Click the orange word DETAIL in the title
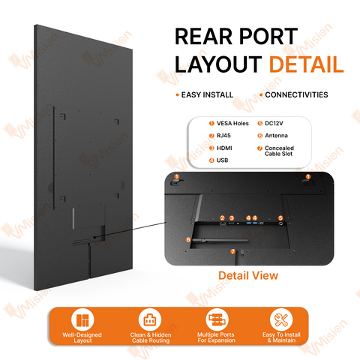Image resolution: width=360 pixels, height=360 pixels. coord(306,64)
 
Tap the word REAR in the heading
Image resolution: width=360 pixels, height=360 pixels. coord(204,37)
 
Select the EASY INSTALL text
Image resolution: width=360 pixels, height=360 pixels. coord(207,95)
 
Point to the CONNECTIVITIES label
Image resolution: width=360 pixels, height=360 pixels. coord(296,94)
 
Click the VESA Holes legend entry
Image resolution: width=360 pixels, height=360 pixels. coord(232,123)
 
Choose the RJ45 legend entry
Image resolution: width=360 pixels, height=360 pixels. coord(223,136)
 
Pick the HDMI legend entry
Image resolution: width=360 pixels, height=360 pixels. coord(224,148)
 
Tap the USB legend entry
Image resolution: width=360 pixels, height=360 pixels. coord(222,160)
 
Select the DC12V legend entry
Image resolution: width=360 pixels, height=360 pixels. coord(274,123)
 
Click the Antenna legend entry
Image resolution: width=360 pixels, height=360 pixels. coord(276,136)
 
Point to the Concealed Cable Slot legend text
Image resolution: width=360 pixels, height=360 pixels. coord(279,151)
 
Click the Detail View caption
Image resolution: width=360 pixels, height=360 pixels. coord(248,275)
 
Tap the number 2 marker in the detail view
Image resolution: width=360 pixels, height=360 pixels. coord(222,218)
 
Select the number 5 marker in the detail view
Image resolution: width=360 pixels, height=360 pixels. coord(280,218)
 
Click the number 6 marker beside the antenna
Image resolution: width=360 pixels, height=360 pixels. coord(188,240)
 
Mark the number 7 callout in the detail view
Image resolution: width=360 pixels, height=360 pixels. coord(233,251)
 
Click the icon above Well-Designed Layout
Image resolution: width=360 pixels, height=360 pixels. coord(82,320)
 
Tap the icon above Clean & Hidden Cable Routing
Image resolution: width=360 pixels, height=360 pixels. coord(150,319)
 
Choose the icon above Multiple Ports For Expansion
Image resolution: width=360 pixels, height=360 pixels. coord(217,319)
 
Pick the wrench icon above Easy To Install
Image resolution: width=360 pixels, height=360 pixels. coord(281,319)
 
